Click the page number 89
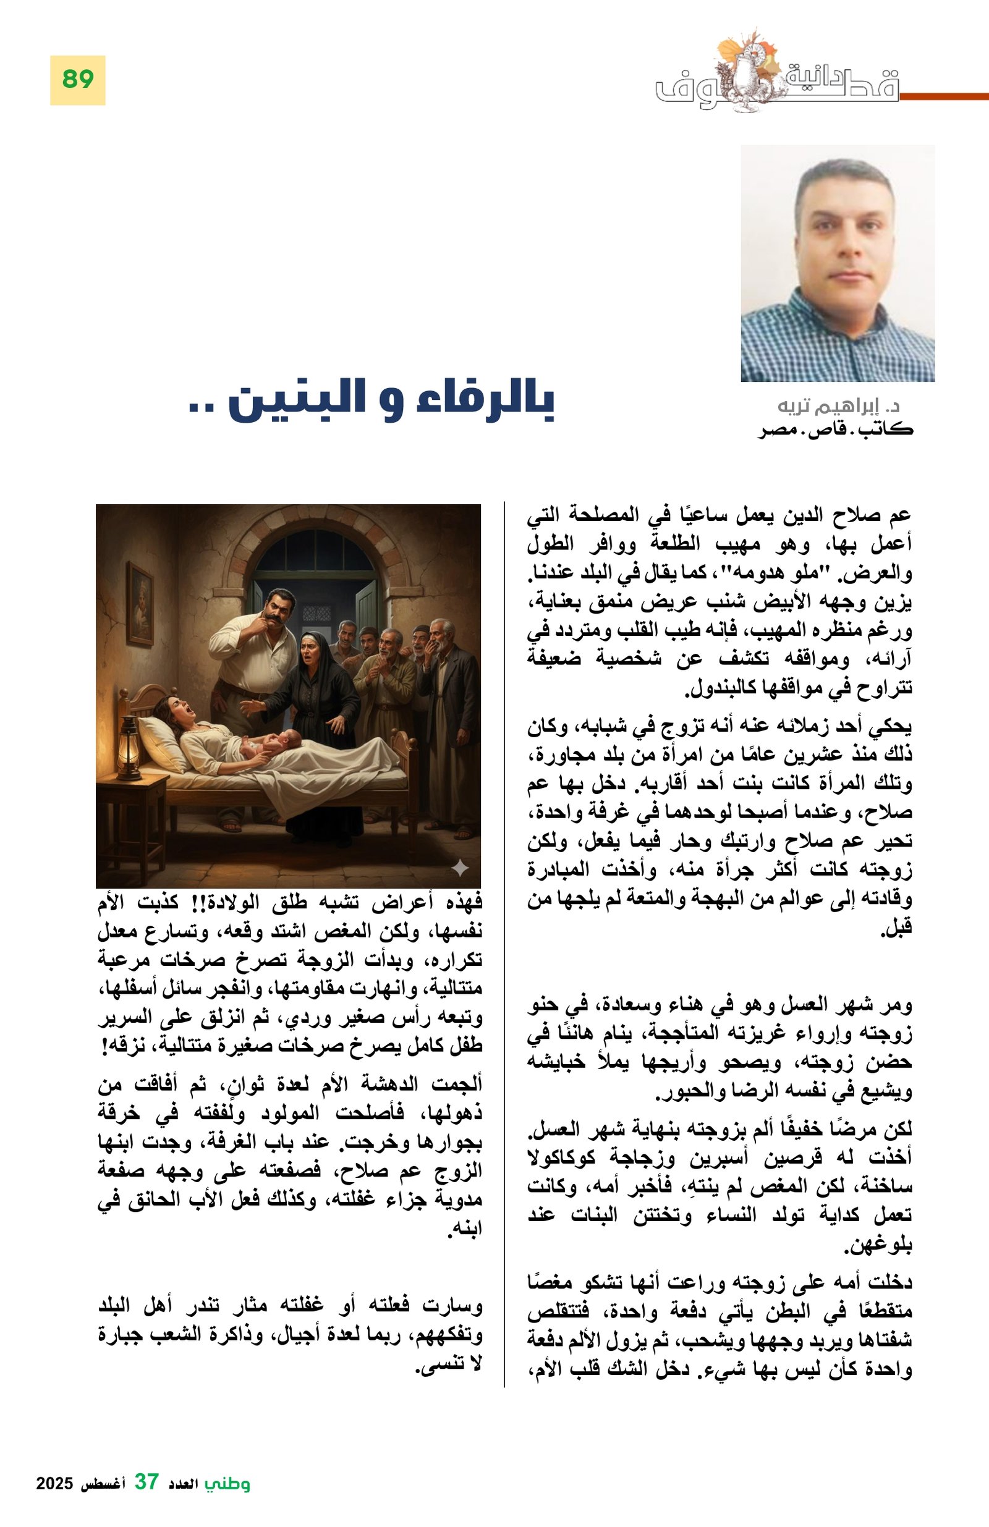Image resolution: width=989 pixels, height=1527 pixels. [78, 80]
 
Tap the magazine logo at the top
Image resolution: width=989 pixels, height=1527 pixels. [776, 77]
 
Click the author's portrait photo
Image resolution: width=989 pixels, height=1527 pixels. [837, 263]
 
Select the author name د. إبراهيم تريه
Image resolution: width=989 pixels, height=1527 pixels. [838, 407]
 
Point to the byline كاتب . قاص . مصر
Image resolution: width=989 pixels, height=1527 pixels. [835, 429]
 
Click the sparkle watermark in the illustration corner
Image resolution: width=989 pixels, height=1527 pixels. [459, 869]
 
